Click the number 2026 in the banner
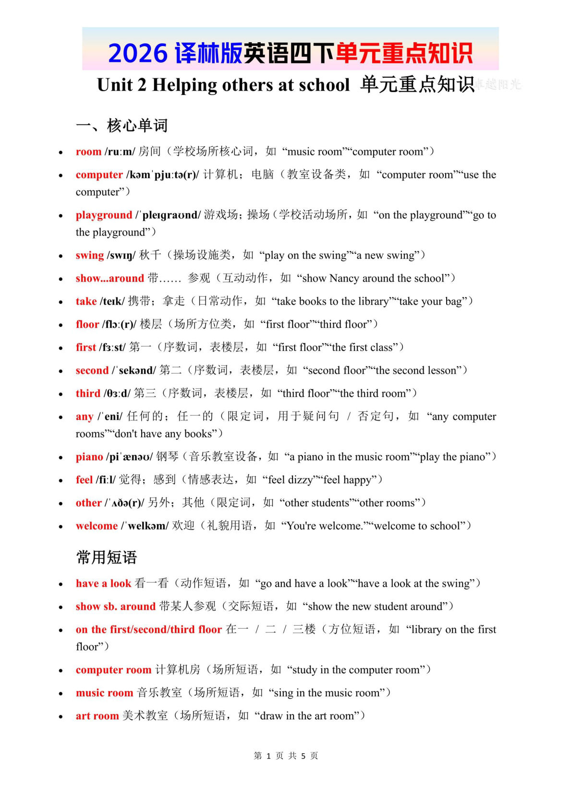click(138, 53)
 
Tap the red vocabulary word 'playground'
click(104, 215)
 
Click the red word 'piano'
click(89, 457)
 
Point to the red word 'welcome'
click(97, 526)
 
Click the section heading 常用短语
click(107, 557)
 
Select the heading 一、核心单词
click(122, 126)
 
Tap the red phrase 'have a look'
click(103, 583)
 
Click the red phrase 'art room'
click(97, 716)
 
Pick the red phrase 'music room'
click(104, 693)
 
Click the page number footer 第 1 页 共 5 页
click(286, 756)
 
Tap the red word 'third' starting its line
click(88, 393)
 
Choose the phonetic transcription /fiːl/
click(106, 480)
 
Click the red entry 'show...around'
click(110, 278)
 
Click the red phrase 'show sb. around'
click(115, 606)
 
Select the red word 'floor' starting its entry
click(87, 324)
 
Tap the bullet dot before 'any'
click(61, 417)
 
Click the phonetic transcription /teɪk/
click(112, 301)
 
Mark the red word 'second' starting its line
click(92, 370)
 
